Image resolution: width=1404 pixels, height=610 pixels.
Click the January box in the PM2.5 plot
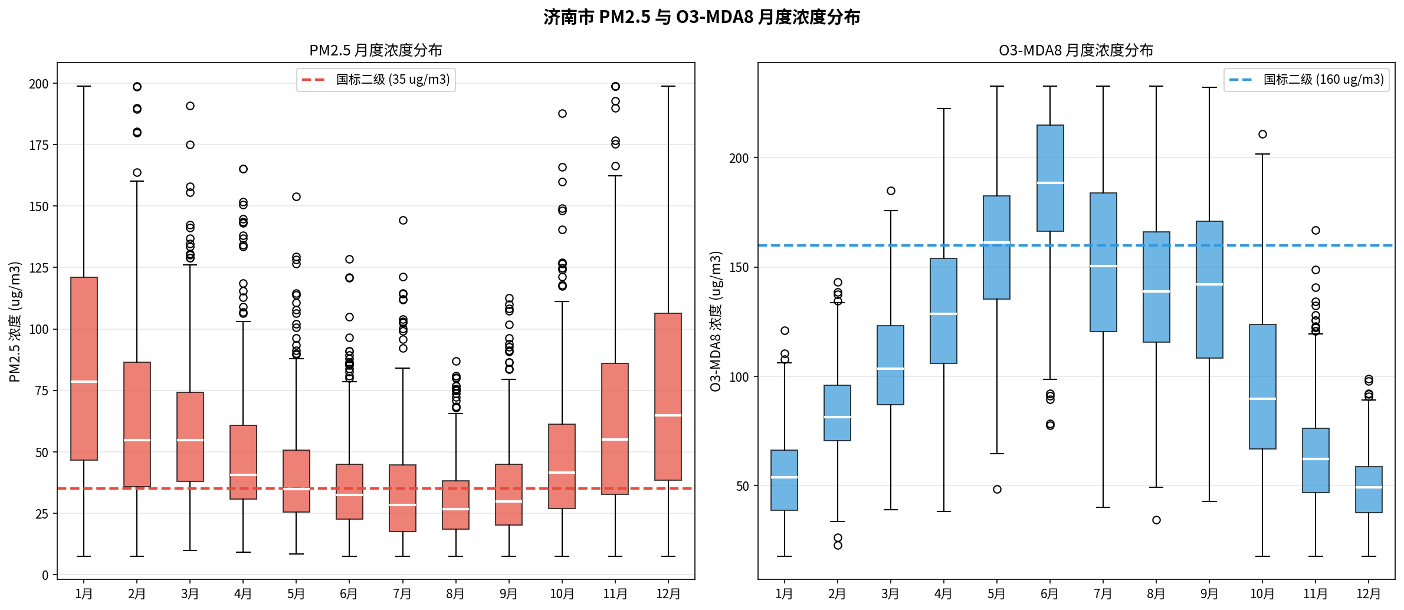84,330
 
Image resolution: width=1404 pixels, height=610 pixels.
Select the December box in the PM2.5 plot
668,366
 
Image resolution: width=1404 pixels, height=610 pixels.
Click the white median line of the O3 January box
784,477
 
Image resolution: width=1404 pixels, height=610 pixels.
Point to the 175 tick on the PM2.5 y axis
39,145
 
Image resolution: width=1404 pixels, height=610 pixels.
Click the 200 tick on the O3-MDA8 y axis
739,158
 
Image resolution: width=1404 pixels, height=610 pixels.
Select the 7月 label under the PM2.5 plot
402,593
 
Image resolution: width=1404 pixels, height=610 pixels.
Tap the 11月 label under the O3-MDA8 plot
1316,593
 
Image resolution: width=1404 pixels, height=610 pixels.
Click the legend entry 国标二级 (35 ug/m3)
392,80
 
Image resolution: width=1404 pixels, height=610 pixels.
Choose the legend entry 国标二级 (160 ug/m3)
1323,80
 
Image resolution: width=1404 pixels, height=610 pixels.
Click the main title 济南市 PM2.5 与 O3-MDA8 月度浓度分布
701,17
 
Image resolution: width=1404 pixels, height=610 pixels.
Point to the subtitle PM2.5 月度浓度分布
376,50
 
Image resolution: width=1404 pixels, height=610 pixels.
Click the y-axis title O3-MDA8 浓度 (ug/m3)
716,321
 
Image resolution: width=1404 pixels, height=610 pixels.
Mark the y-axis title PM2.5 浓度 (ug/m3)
15,322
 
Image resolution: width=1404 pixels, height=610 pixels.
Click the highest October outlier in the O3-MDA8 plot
1262,135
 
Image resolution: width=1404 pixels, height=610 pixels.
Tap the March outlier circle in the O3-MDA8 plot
891,191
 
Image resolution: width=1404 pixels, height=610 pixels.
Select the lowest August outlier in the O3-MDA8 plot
1156,520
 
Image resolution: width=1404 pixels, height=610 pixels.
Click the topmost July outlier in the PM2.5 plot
403,221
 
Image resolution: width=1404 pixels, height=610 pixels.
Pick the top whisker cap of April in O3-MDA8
944,109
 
